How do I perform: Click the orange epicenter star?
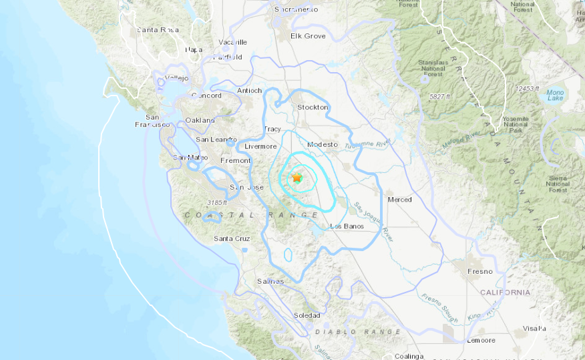click(x=297, y=178)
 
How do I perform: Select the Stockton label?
click(x=313, y=107)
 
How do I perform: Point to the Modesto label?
click(x=320, y=144)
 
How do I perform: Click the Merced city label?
click(x=399, y=199)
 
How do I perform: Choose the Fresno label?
click(x=479, y=271)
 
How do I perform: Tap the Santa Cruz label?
click(x=232, y=238)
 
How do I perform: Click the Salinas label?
click(x=270, y=281)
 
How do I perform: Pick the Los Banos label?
click(x=346, y=226)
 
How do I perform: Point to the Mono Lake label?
click(x=554, y=95)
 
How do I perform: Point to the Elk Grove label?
click(x=307, y=35)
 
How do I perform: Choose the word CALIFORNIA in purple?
click(x=506, y=292)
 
